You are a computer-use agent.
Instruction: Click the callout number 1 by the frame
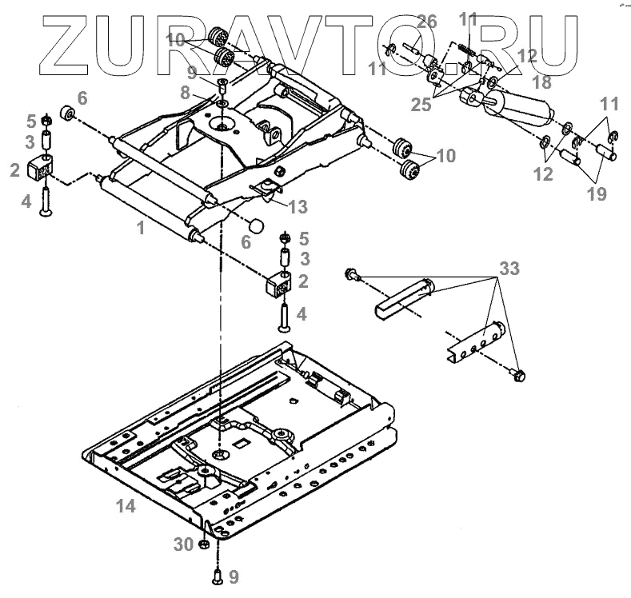click(x=140, y=227)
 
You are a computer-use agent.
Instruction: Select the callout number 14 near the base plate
click(x=126, y=506)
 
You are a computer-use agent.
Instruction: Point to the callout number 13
click(x=298, y=208)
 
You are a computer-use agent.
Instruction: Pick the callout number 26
click(x=426, y=22)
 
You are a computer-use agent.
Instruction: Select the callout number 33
click(x=509, y=269)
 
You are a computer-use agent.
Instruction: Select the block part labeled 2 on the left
click(x=39, y=169)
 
